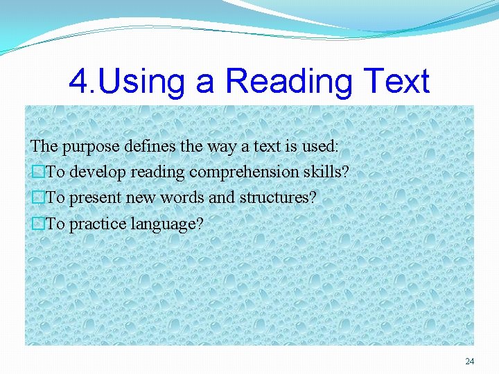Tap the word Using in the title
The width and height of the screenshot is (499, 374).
(x=143, y=82)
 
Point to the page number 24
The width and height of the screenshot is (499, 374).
(x=470, y=362)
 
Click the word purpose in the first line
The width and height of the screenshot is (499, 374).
(x=89, y=147)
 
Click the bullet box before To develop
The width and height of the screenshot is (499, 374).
(x=37, y=172)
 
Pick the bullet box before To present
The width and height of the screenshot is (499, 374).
(x=37, y=198)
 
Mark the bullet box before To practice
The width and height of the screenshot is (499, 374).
(x=37, y=224)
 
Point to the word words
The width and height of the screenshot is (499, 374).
(x=184, y=197)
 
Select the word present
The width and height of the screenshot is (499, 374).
(x=95, y=198)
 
